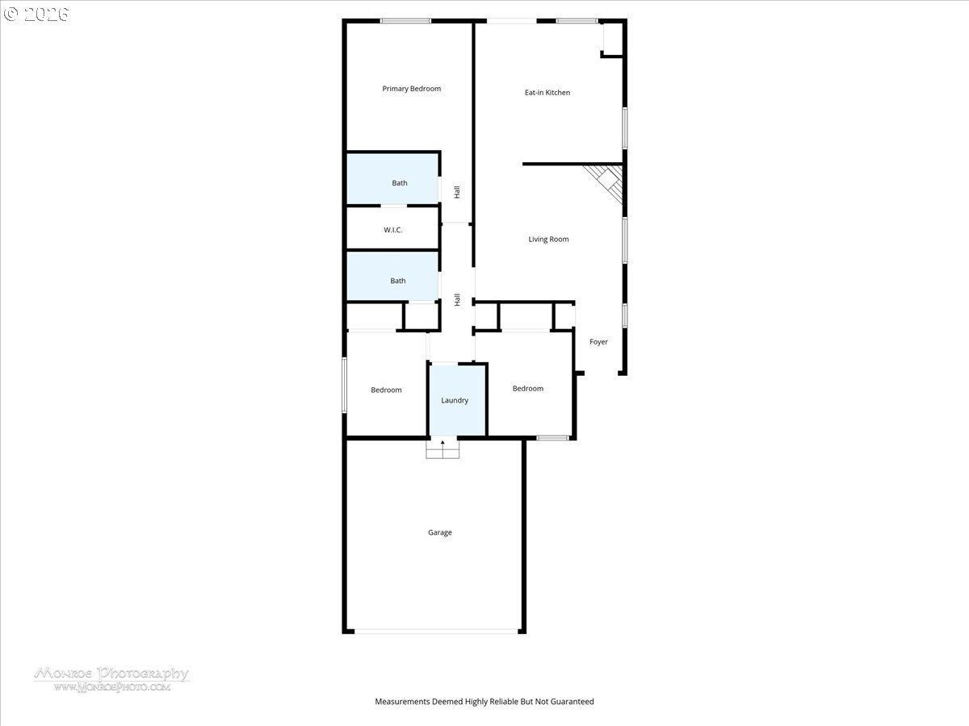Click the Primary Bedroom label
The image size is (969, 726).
click(x=412, y=89)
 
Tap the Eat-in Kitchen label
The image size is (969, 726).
click(x=547, y=93)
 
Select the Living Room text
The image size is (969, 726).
click(x=549, y=240)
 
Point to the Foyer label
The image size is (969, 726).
click(x=598, y=341)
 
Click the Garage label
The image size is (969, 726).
click(x=440, y=532)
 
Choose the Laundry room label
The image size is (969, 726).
click(x=455, y=400)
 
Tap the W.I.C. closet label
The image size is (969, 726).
click(x=393, y=230)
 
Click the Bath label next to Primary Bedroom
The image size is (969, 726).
click(x=400, y=183)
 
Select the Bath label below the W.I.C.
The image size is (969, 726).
click(x=398, y=281)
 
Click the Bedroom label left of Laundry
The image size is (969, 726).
click(x=386, y=390)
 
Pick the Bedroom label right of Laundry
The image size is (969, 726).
click(x=528, y=388)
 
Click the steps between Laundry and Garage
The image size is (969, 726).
click(x=443, y=449)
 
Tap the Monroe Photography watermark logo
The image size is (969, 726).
click(x=111, y=679)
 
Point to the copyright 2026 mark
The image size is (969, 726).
click(x=36, y=14)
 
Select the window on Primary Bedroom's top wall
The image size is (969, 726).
click(x=405, y=21)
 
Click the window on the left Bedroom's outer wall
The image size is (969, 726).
click(x=344, y=386)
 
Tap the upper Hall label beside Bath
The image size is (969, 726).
click(x=457, y=192)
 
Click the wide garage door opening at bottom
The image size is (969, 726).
click(x=436, y=632)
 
